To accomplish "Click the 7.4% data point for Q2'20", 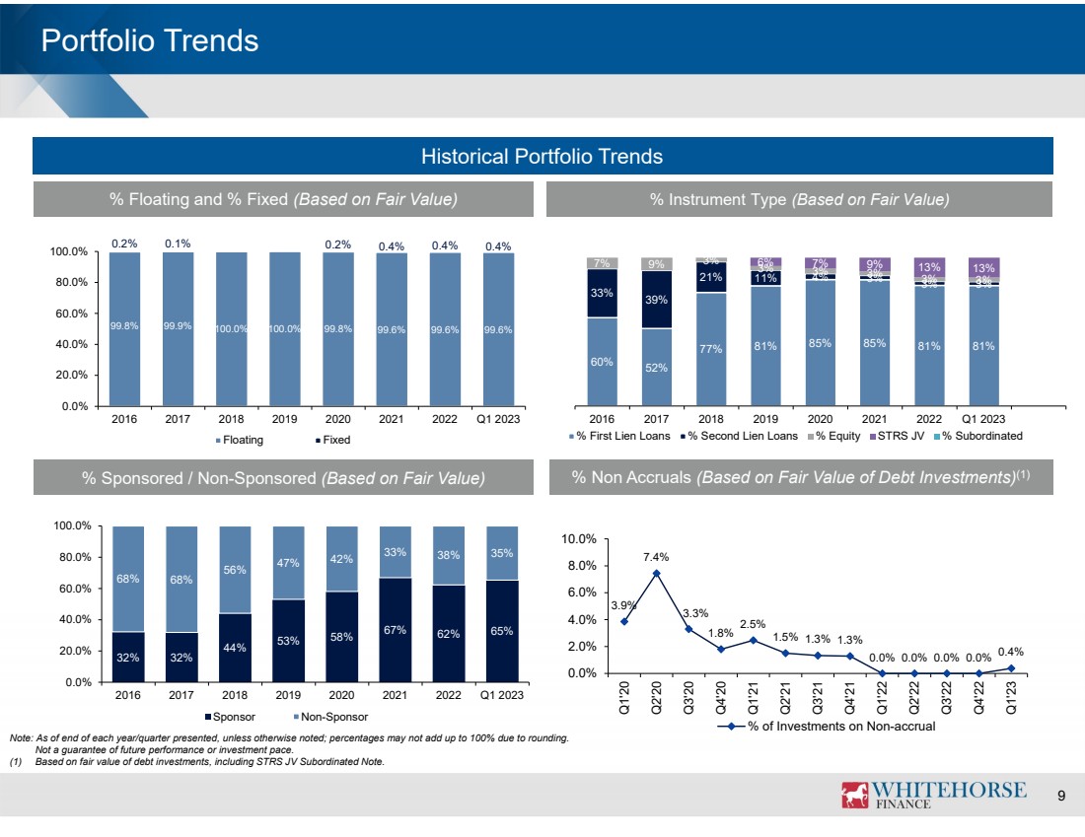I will tap(656, 573).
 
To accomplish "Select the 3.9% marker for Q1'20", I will tap(624, 621).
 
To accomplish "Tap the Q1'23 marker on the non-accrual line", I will tap(1011, 667).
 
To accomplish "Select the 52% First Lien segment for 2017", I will tap(655, 367).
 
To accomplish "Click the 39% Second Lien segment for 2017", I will tap(655, 299).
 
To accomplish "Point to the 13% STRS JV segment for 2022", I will tap(929, 267).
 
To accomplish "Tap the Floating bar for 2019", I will tap(284, 328).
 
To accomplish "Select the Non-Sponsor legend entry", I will tap(328, 716).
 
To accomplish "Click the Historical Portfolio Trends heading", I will tap(542, 156).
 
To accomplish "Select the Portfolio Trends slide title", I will tap(150, 40).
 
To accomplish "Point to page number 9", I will tap(1061, 796).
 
